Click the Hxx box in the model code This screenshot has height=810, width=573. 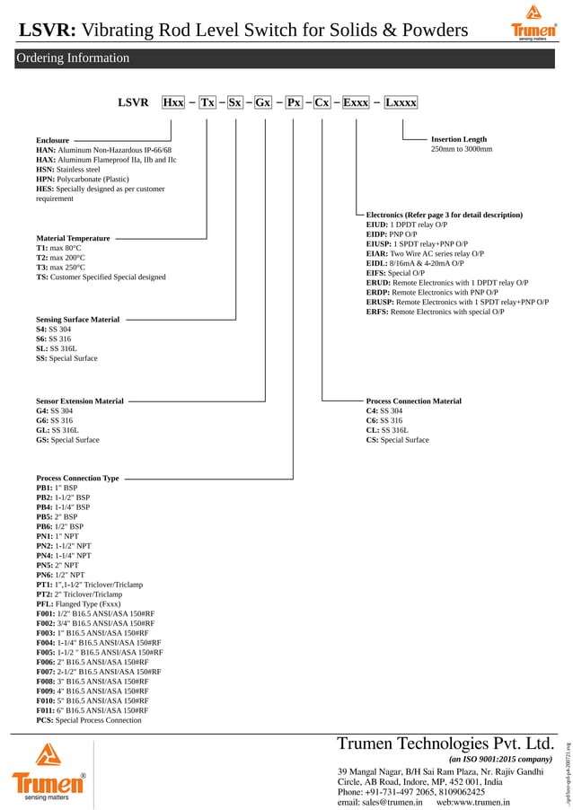pos(173,102)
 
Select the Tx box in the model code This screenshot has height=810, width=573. pos(207,102)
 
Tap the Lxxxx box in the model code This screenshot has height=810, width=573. pos(401,102)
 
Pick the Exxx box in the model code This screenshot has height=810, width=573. pos(357,102)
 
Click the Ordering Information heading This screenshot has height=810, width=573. pos(73,58)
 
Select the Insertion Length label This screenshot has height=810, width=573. pos(459,139)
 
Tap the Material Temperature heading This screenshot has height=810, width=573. pos(73,238)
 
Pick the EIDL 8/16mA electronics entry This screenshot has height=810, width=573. pos(414,263)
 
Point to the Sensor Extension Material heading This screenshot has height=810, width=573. pos(80,401)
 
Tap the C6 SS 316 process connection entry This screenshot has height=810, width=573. pos(384,420)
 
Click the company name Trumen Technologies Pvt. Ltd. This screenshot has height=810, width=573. pos(445,744)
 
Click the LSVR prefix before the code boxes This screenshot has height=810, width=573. pos(133,102)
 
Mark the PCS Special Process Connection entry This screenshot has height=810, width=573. pos(89,720)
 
